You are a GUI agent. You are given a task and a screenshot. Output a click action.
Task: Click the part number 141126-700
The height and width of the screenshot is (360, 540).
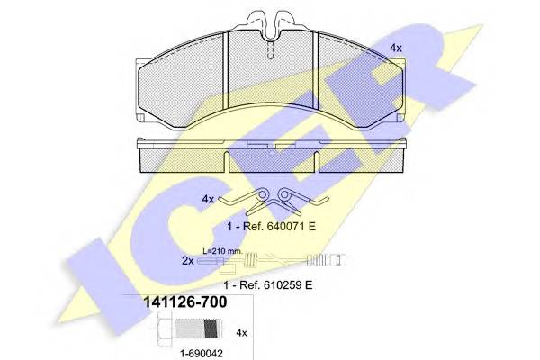(184, 302)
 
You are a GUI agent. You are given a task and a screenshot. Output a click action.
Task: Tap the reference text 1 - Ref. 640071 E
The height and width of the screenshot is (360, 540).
(271, 227)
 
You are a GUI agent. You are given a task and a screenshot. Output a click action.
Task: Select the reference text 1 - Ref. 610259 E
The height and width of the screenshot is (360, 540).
(268, 285)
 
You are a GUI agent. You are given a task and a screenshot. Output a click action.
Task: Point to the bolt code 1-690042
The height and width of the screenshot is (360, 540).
(202, 354)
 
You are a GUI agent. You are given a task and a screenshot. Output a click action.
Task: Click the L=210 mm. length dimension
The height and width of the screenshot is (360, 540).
(222, 251)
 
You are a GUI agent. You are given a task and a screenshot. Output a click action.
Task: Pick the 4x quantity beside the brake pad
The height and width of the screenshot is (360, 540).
(396, 49)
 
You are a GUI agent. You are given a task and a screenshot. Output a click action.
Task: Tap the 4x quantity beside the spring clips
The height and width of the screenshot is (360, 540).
(208, 199)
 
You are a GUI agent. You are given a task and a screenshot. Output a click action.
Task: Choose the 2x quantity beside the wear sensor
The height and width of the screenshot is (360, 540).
(188, 261)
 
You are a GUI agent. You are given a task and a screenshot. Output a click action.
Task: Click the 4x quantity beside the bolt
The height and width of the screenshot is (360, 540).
(241, 333)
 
